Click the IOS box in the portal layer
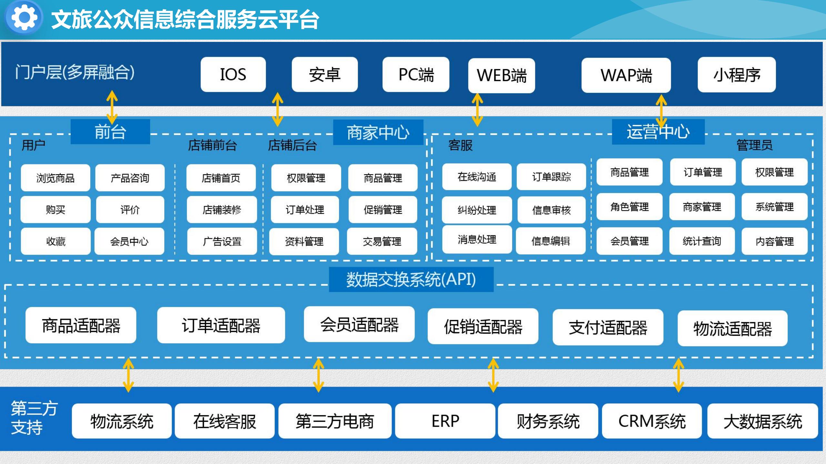[x=233, y=74]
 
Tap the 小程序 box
[x=737, y=75]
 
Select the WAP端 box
[x=626, y=75]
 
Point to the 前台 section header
[x=110, y=132]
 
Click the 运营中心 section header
[x=658, y=132]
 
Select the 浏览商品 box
[x=55, y=178]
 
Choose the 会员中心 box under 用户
[x=129, y=241]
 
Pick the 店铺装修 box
[x=222, y=210]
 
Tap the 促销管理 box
[x=383, y=210]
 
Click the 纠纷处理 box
[x=477, y=210]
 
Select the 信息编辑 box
[x=550, y=241]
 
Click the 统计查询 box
[x=702, y=241]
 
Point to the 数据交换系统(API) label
[x=411, y=279]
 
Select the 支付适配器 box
[x=608, y=327]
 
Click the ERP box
[x=445, y=421]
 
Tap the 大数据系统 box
[x=762, y=421]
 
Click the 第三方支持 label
[x=34, y=418]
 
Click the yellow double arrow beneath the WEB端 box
[x=477, y=110]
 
